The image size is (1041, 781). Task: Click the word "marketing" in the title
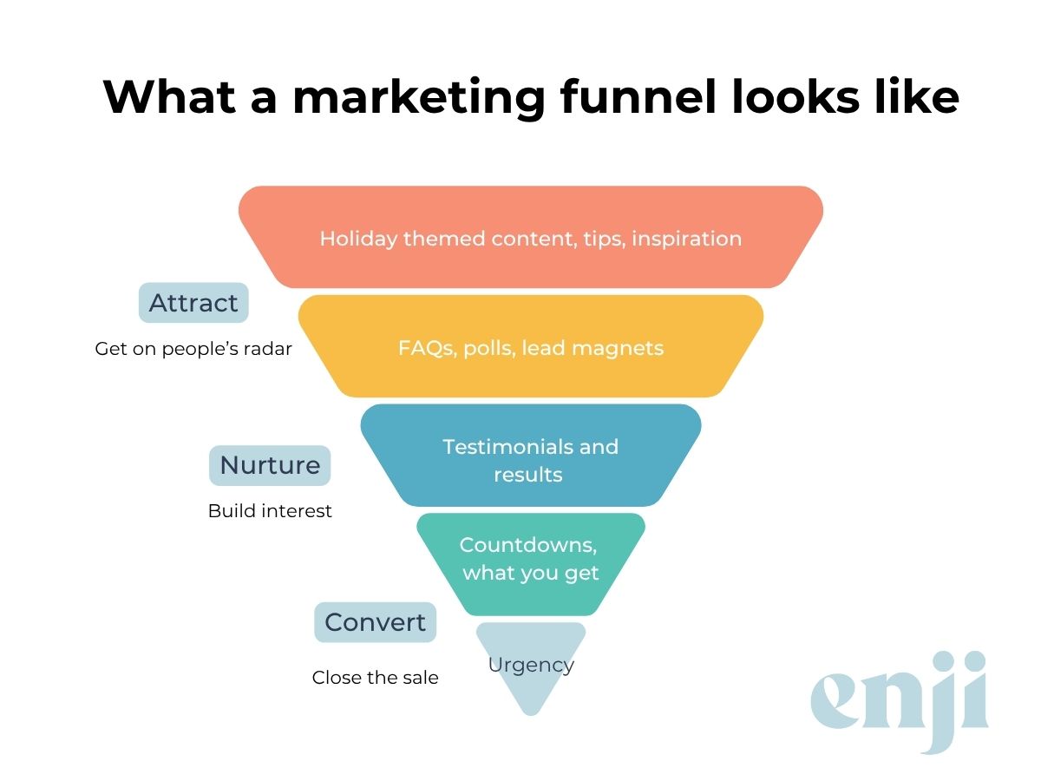[x=418, y=98]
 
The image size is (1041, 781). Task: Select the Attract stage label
[x=193, y=303]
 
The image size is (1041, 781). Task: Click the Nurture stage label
[x=270, y=465]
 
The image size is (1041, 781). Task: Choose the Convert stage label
[x=375, y=622]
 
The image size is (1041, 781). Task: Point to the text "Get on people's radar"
[x=193, y=350]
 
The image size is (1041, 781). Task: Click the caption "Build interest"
[x=270, y=511]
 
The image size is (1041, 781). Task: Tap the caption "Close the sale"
[x=375, y=678]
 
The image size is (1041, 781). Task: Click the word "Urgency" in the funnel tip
[x=531, y=666]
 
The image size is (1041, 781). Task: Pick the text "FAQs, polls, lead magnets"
[x=531, y=349]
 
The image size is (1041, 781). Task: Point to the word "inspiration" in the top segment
[x=686, y=239]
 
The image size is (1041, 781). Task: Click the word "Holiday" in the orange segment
[x=357, y=239]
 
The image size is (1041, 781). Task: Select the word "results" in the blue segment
[x=528, y=475]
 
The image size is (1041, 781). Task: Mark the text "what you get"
[x=531, y=573]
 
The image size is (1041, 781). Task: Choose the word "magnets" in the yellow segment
[x=622, y=349]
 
